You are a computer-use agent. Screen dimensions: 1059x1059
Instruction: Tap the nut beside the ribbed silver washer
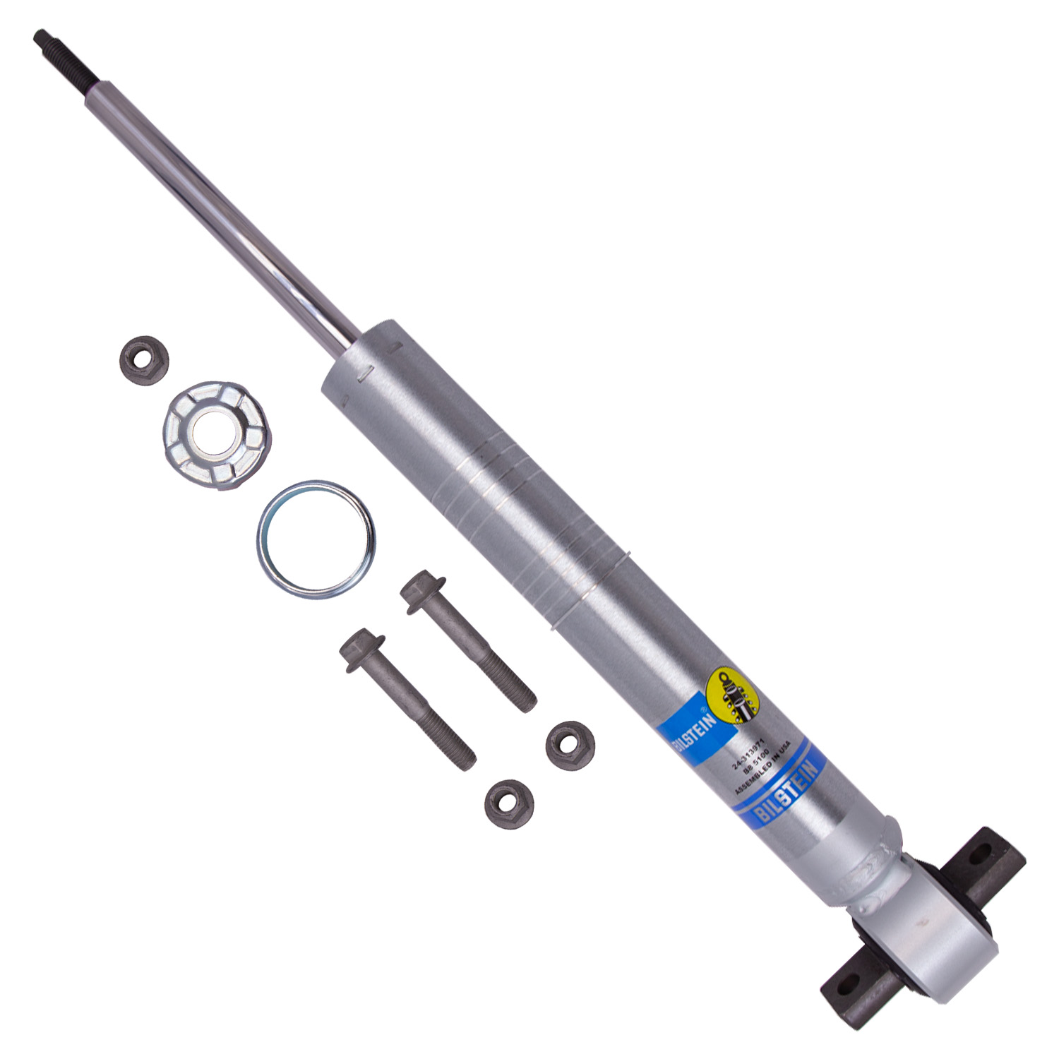pyautogui.click(x=143, y=360)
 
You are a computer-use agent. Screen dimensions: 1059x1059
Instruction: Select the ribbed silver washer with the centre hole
pyautogui.click(x=218, y=434)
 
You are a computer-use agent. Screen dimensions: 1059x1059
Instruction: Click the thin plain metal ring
pyautogui.click(x=316, y=539)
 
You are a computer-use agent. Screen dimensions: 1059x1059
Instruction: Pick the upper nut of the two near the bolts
pyautogui.click(x=570, y=746)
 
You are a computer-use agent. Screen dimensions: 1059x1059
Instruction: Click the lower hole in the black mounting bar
pyautogui.click(x=852, y=981)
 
